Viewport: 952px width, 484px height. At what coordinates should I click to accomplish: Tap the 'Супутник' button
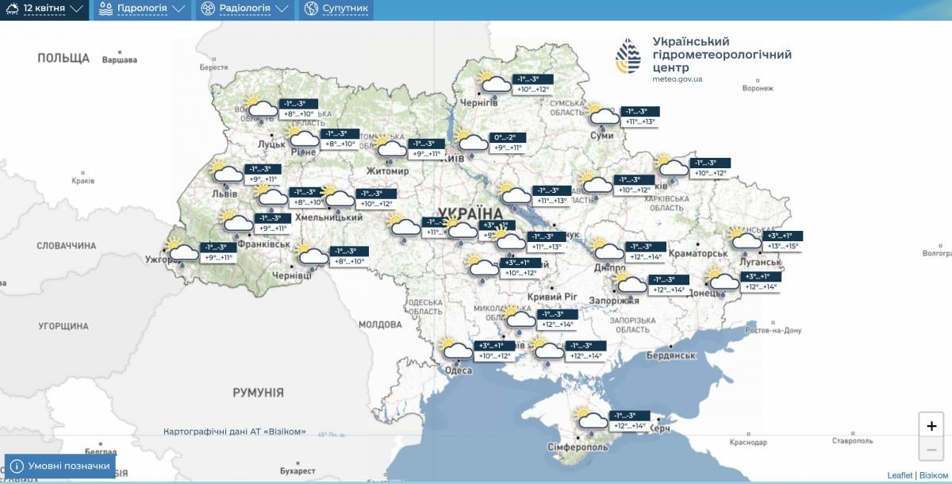pyautogui.click(x=336, y=10)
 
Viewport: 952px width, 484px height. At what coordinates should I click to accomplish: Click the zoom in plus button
pyautogui.click(x=931, y=426)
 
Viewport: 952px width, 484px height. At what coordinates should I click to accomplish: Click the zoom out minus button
pyautogui.click(x=931, y=450)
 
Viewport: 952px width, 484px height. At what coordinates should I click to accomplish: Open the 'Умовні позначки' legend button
pyautogui.click(x=60, y=466)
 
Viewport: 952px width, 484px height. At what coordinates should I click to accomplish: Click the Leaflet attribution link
pyautogui.click(x=900, y=475)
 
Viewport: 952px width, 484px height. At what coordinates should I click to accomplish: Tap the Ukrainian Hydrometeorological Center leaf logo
pyautogui.click(x=628, y=56)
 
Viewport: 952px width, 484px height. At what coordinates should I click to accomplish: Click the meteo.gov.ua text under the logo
pyautogui.click(x=677, y=79)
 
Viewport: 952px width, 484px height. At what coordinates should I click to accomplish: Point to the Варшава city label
pyautogui.click(x=120, y=60)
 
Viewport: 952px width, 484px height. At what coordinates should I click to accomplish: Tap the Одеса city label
pyautogui.click(x=459, y=371)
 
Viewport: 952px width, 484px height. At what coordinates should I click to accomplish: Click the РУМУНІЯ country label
pyautogui.click(x=258, y=393)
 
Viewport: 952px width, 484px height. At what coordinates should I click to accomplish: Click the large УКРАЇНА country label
pyautogui.click(x=470, y=214)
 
